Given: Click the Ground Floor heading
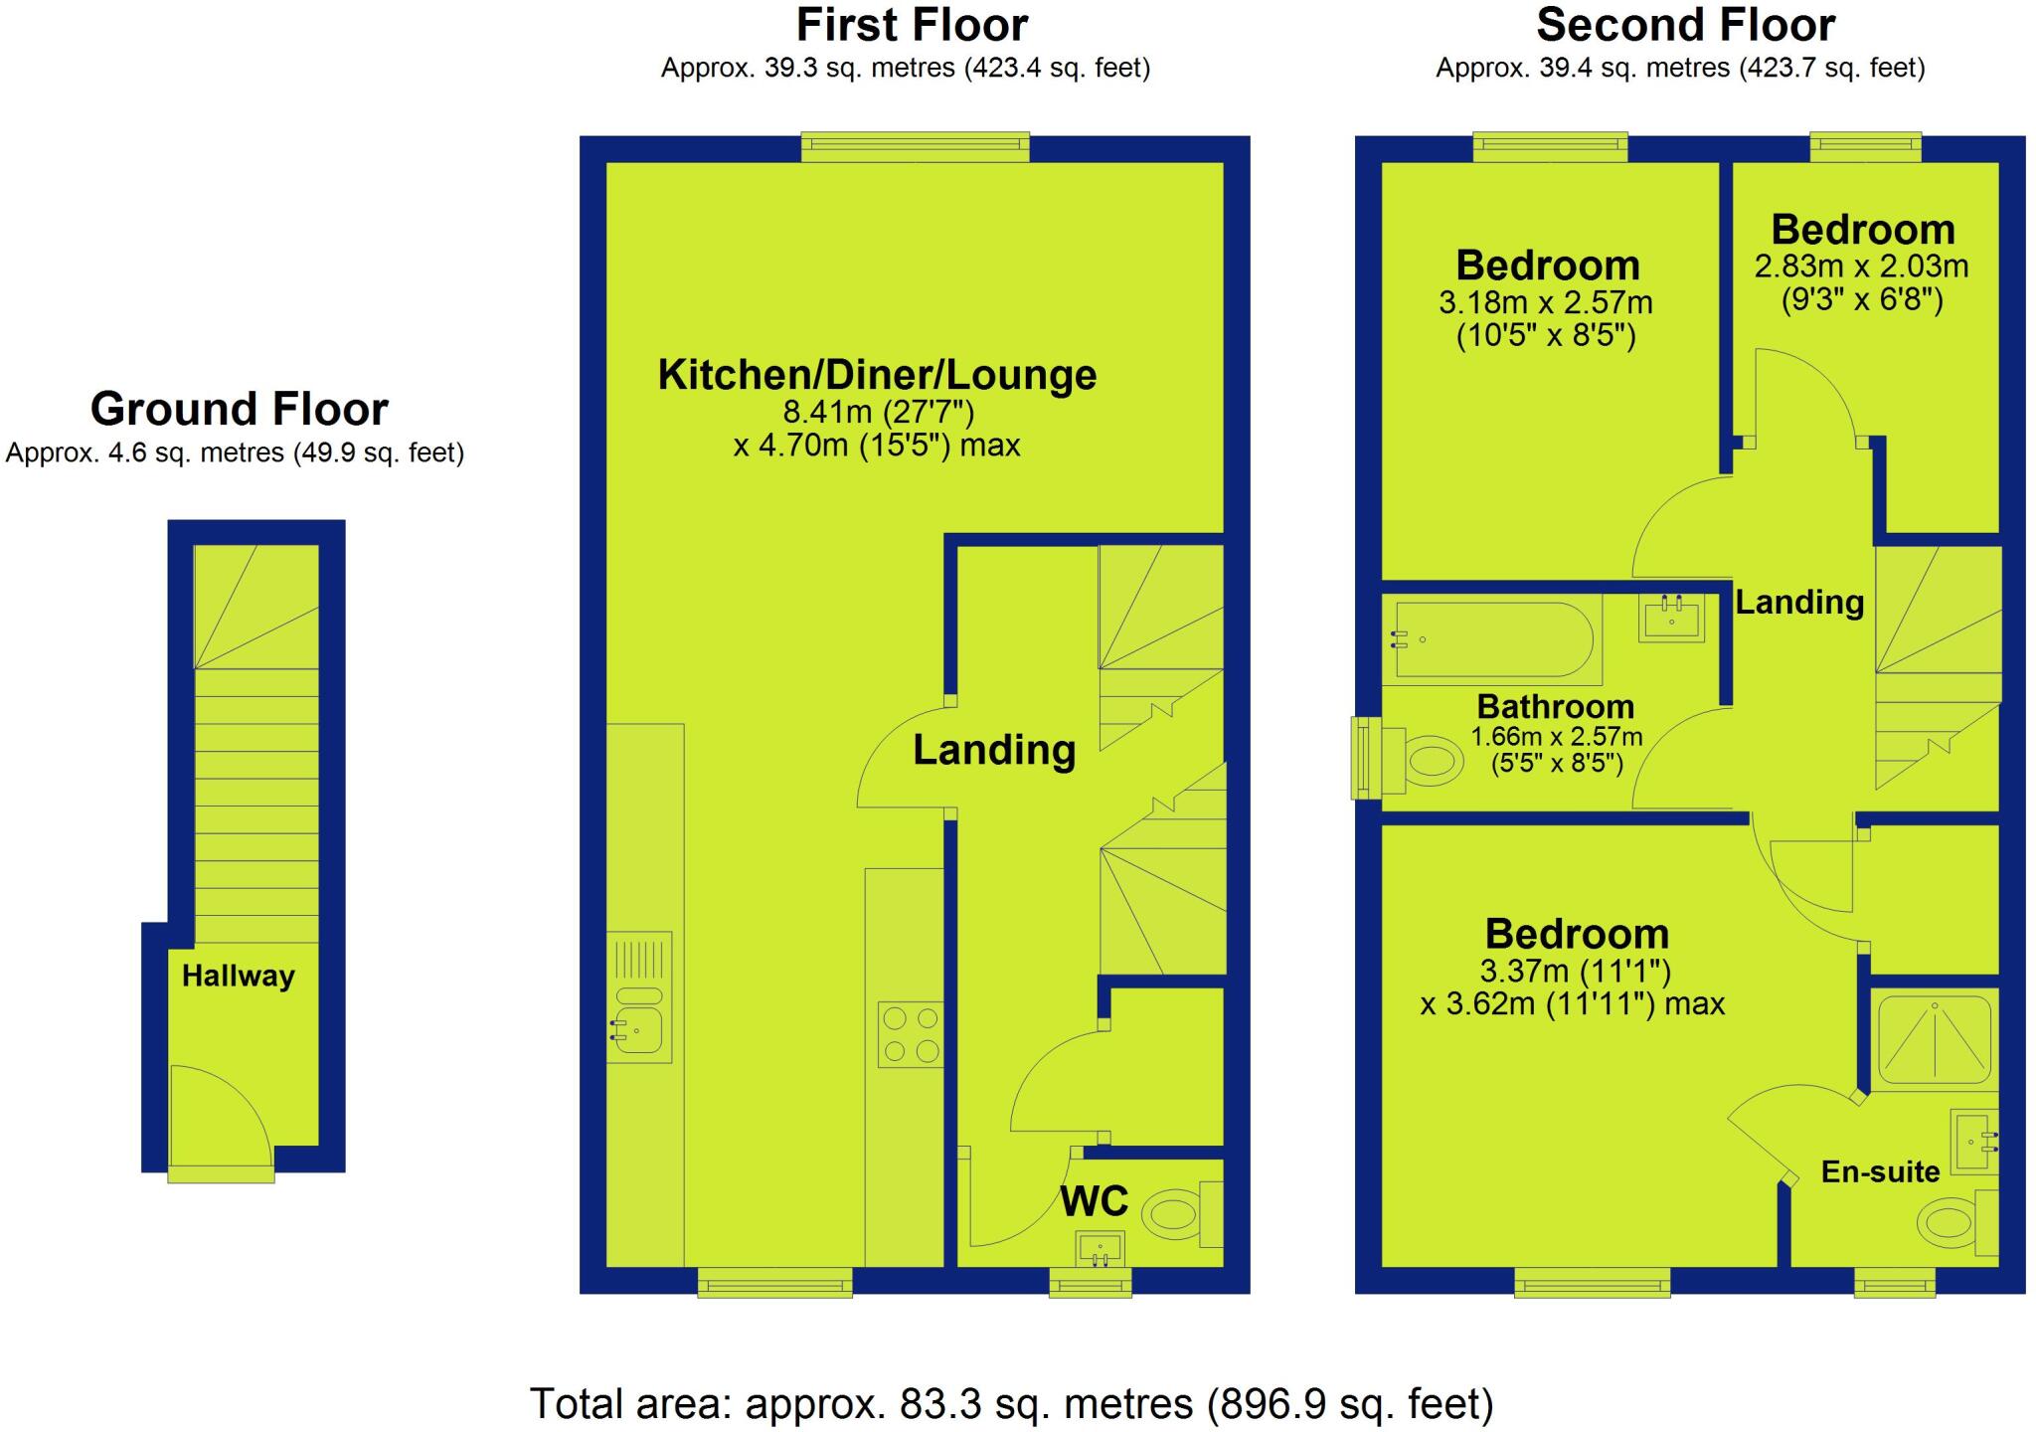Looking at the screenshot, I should tap(239, 409).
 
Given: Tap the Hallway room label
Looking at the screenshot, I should tap(239, 976).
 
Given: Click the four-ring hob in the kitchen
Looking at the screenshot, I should tap(911, 1034).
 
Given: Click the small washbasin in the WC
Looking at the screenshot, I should tap(1100, 1247).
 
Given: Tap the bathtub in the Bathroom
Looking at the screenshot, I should tap(1489, 640).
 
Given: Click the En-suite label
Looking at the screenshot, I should tap(1880, 1172).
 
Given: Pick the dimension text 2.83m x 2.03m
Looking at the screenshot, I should tap(1861, 267).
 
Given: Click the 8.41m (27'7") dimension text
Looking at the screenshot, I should tap(878, 412).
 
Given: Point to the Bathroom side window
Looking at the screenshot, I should tap(1365, 758).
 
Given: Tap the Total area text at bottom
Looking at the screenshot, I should tap(1011, 1404).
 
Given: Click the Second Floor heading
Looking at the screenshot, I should tap(1685, 26).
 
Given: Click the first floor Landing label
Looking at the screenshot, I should tap(994, 750).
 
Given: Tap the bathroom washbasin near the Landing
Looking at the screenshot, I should tap(1671, 619).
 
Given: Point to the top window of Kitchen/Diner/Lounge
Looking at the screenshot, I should tap(916, 148).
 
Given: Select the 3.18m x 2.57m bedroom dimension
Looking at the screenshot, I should tap(1545, 302).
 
